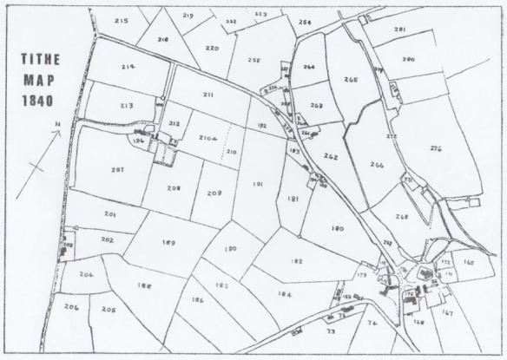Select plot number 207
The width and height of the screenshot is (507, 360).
coord(119,170)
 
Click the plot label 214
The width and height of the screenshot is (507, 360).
coord(128,66)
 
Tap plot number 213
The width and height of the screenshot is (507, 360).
coord(127,105)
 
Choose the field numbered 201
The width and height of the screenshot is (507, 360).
coord(110,213)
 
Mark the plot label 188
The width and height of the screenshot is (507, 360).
coord(144,285)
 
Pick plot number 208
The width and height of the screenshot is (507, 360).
coord(174,187)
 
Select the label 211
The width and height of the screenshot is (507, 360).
coord(208,94)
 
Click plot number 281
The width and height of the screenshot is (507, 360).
coord(399,29)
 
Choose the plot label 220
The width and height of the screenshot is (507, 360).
coord(212,48)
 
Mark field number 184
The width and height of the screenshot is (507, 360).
coord(284,293)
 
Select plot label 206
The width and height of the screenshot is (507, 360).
coord(71,307)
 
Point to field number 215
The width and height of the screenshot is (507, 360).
coord(120,20)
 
